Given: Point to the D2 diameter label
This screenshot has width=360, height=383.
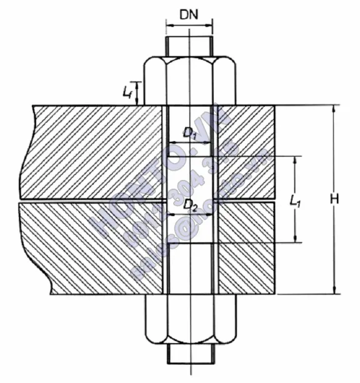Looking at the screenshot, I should (x=190, y=204).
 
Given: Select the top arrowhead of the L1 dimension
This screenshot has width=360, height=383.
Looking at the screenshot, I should (x=294, y=159).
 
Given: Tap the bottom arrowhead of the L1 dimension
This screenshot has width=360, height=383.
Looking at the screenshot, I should (x=294, y=239).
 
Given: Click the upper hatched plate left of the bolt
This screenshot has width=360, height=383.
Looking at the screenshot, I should (x=94, y=153).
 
